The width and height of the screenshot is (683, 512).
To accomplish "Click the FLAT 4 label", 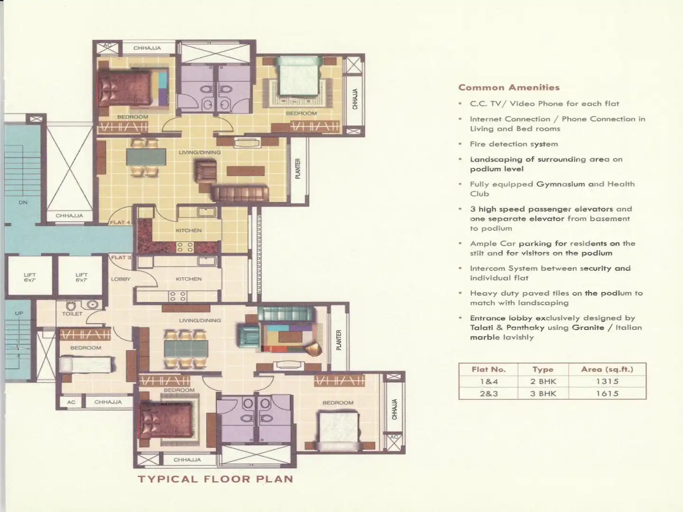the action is (120, 222).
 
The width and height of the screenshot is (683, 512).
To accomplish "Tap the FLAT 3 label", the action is (121, 257).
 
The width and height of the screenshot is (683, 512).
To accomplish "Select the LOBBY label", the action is (121, 279).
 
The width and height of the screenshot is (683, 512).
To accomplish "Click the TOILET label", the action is (72, 314).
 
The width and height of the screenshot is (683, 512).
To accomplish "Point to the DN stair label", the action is (23, 202).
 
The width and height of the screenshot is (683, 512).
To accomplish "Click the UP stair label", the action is (19, 313).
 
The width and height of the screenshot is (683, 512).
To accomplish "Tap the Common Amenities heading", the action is (509, 87).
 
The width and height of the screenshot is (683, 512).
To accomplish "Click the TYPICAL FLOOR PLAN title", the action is (216, 479).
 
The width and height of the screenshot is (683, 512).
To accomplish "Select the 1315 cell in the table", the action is (607, 381).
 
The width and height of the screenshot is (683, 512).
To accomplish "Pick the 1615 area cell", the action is (607, 393).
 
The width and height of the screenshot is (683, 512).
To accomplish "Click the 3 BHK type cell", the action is (543, 393).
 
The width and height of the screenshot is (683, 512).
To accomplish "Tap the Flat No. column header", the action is (489, 369).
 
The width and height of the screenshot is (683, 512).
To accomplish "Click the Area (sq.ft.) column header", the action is (607, 369).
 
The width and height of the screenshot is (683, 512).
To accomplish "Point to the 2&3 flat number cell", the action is (489, 393).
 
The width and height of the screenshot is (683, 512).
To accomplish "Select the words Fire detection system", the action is (514, 144).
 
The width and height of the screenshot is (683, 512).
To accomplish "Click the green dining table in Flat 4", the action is (146, 157).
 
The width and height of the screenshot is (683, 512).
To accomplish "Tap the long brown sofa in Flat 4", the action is (240, 193).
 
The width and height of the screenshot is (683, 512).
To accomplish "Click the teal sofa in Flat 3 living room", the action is (286, 314).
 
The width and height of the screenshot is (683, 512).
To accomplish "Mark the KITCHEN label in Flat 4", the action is (189, 230).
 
